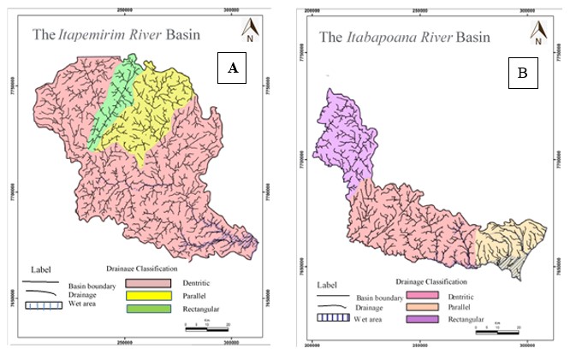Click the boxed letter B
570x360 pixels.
(521, 74)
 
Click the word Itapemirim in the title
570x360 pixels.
(88, 35)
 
